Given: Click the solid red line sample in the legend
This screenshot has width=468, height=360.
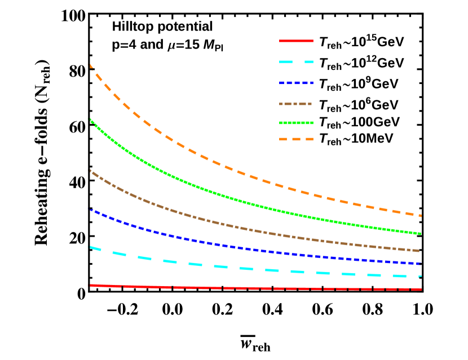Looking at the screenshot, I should point(296,41).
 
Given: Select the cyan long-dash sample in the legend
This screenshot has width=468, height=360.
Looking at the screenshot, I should point(296,62).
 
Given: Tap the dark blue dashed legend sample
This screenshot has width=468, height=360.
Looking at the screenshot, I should point(296,83).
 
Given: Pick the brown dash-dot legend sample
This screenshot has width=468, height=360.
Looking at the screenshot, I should point(295,104).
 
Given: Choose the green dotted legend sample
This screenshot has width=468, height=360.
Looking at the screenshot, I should point(296,123).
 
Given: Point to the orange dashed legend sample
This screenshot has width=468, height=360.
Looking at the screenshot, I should point(296,139).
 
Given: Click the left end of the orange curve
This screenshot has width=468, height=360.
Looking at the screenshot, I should point(91,66).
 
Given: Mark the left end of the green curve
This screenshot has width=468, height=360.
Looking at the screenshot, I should point(91,121).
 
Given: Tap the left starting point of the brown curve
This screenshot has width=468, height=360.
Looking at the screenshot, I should point(91,171).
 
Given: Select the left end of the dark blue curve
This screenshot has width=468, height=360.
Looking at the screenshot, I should point(91,210).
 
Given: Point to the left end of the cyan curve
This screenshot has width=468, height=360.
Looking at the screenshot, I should point(91,247).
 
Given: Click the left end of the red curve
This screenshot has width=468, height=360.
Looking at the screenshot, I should point(91,286).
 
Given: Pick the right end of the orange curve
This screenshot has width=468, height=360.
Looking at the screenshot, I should point(421,216).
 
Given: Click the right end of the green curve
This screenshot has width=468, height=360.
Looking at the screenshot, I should point(421,233).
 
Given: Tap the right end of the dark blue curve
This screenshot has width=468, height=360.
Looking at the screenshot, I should point(421,264).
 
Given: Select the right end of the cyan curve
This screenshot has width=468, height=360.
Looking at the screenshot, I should point(421,277).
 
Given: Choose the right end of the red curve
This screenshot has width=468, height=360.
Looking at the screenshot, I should point(421,289).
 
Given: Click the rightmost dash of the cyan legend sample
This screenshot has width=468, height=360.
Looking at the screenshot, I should point(309,62).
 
